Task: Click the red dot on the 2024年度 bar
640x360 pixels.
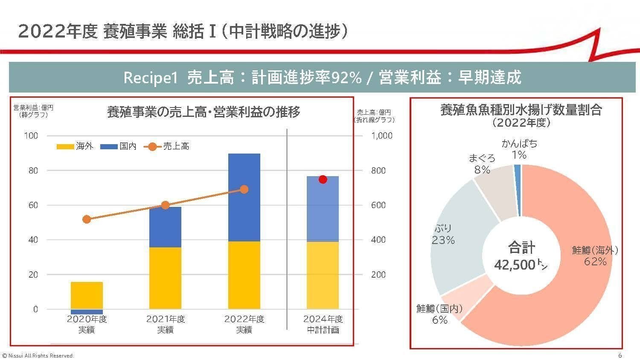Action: [323, 179]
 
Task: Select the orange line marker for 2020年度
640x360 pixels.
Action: [87, 219]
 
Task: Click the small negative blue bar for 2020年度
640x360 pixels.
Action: [87, 312]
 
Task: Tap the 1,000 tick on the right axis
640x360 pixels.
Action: [381, 136]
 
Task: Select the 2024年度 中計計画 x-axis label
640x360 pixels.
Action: [323, 324]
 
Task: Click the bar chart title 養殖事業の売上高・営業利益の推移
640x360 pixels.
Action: [204, 112]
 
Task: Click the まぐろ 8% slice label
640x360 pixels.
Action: [482, 164]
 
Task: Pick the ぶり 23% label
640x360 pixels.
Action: [443, 235]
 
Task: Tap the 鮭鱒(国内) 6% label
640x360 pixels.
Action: [439, 314]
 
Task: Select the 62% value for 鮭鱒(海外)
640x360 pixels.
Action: [595, 261]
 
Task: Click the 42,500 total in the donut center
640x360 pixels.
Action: [514, 265]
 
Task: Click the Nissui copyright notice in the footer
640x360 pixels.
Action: [38, 356]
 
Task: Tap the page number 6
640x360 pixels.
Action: [620, 355]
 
